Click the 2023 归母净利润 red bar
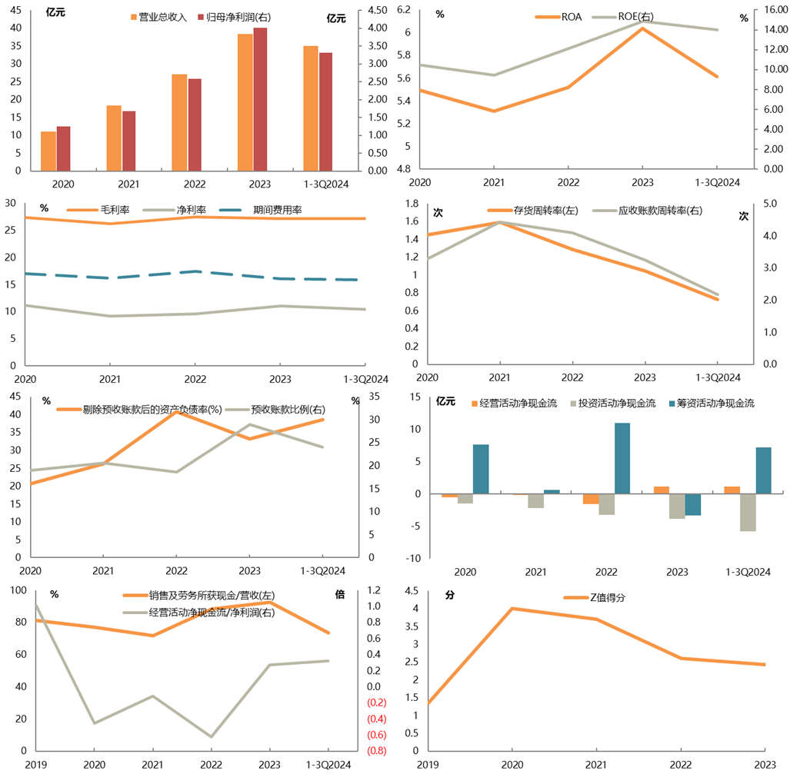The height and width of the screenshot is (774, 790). pos(260,98)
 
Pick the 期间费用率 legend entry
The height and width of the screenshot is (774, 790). pos(277,208)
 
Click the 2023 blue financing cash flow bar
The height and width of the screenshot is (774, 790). pos(693,504)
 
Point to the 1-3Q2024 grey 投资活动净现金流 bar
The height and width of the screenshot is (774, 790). pos(747,513)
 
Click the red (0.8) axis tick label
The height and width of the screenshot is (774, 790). pos(378,751)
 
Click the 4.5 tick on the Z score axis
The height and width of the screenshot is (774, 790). pos(412,591)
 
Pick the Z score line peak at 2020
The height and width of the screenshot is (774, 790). pos(512,608)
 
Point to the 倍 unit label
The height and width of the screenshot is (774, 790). pos(341,594)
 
